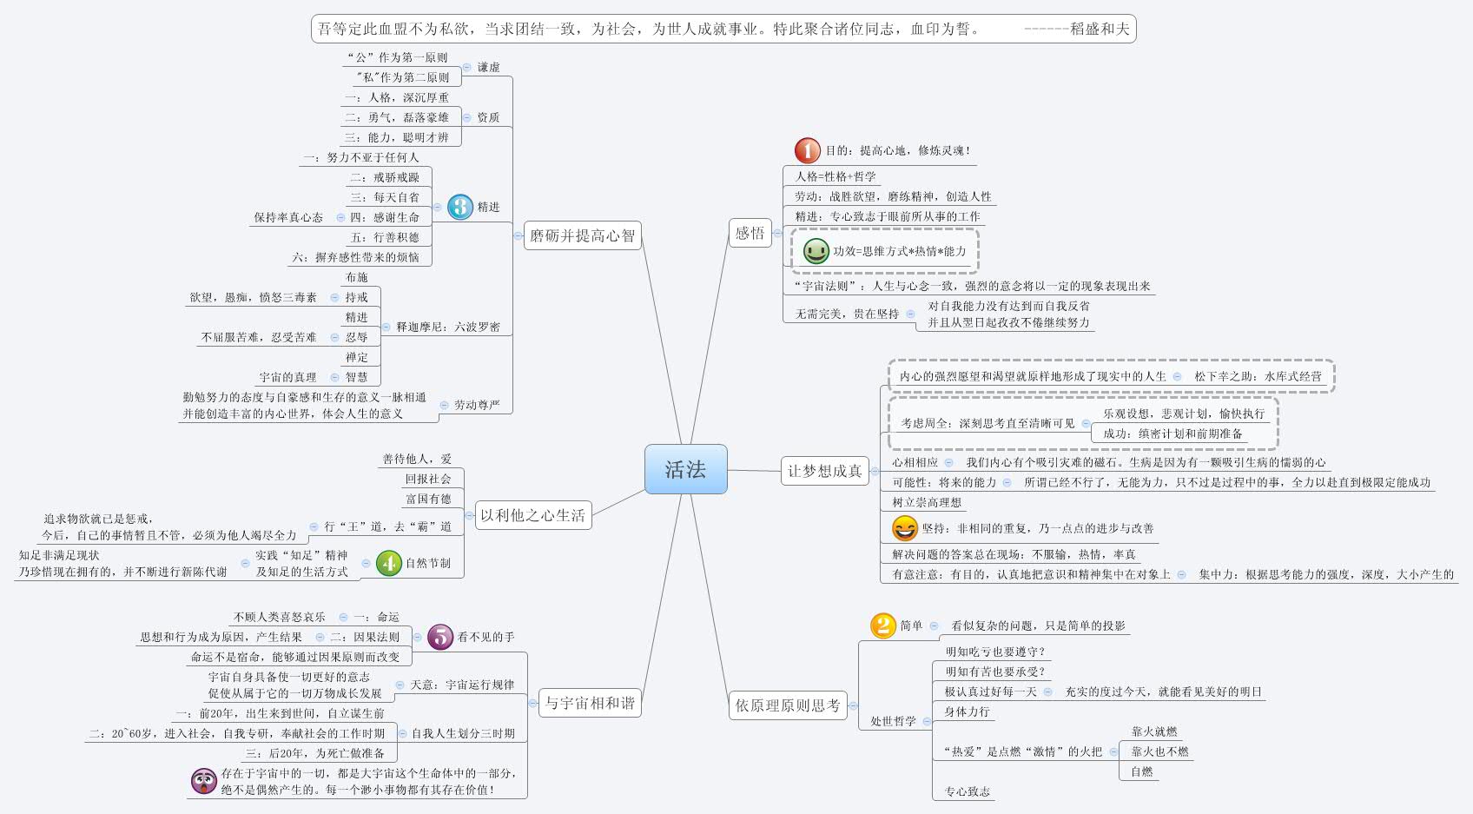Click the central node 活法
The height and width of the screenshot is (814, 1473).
[685, 469]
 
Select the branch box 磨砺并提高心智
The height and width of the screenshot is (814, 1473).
[583, 235]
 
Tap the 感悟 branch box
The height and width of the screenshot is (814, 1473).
[750, 233]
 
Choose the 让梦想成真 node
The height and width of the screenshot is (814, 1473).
[824, 471]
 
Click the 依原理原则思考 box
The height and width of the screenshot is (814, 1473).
[788, 705]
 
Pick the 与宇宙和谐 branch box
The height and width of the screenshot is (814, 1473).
[589, 703]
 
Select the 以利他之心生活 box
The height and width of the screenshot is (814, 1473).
[532, 515]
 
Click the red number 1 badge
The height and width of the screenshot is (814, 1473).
[807, 150]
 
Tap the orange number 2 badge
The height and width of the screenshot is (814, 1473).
[882, 625]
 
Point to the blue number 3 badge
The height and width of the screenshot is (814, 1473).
[460, 207]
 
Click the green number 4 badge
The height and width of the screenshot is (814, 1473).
[388, 563]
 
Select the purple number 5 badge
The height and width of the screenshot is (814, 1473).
[440, 637]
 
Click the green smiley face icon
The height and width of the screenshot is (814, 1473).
[816, 251]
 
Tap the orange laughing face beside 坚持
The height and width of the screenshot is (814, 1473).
[904, 527]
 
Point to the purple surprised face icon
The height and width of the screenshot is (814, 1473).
[203, 780]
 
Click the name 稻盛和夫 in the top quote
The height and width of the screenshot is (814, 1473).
[1100, 29]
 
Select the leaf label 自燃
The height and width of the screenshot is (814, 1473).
[1141, 771]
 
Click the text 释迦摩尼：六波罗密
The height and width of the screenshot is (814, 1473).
[448, 327]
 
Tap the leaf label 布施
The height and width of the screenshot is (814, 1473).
[356, 277]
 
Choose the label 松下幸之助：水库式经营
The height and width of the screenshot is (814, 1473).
[1258, 376]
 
